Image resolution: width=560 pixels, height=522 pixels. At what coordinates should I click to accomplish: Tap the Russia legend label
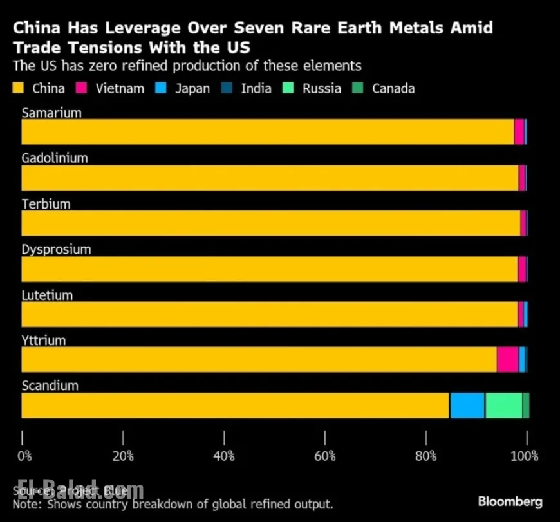tap(321, 88)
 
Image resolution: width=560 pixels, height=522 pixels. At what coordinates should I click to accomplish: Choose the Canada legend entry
tap(393, 88)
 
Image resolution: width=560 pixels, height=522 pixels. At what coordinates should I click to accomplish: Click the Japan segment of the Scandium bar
tap(467, 405)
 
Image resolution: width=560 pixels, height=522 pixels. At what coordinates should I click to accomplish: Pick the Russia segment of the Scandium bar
tap(503, 405)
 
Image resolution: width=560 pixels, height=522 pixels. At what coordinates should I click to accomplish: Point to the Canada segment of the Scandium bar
tap(526, 405)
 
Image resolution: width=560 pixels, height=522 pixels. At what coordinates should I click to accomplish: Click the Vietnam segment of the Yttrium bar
tap(508, 359)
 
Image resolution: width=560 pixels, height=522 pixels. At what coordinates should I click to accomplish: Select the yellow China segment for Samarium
tap(267, 131)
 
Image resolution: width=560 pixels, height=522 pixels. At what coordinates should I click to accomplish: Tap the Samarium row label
tap(51, 113)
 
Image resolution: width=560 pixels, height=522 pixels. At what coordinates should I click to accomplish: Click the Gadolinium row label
tap(55, 158)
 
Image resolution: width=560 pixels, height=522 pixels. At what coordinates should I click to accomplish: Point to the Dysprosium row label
tap(56, 249)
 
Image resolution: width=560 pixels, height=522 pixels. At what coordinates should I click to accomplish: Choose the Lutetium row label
tap(47, 295)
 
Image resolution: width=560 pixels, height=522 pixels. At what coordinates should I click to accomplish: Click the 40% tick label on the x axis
tap(223, 456)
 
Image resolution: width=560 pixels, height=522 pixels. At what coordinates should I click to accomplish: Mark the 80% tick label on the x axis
tap(425, 456)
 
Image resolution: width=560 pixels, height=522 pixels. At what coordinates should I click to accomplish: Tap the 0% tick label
tap(24, 456)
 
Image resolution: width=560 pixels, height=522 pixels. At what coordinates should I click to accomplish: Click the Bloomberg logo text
tap(510, 501)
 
